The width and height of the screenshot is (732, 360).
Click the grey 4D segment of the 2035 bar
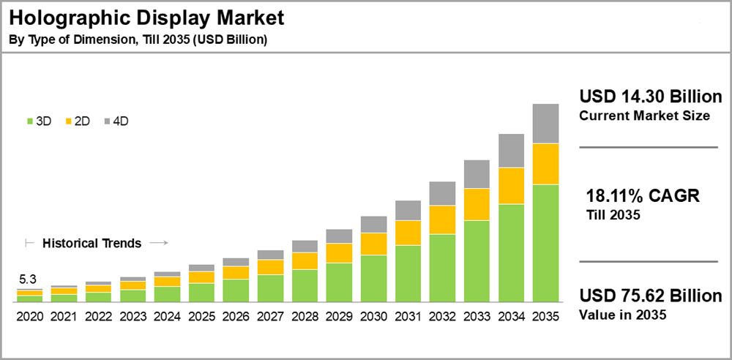tap(545, 124)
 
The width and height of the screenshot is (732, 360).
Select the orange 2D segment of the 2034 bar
tap(511, 186)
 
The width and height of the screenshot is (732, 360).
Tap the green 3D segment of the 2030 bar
tap(373, 278)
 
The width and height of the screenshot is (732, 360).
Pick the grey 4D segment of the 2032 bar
tap(442, 193)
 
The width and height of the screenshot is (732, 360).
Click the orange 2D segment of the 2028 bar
tap(305, 260)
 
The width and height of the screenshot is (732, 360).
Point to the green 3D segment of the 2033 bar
tap(477, 261)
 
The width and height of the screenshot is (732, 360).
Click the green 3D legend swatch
tap(30, 121)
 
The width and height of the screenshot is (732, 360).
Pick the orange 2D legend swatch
tap(69, 121)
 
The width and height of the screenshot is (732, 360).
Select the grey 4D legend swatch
tap(108, 121)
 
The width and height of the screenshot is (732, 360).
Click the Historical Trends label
tap(91, 243)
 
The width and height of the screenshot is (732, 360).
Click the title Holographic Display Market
tap(146, 17)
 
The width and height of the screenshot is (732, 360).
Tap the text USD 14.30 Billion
tap(651, 97)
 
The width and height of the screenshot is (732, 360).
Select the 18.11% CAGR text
tap(643, 196)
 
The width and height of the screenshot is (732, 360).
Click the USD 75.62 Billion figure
tap(651, 296)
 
